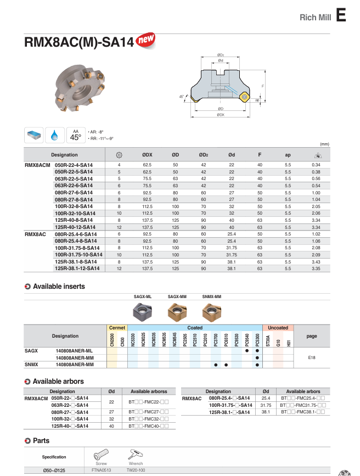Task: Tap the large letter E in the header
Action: pyautogui.click(x=341, y=15)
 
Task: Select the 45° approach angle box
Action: pyautogui.click(x=76, y=135)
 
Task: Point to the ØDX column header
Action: pyautogui.click(x=147, y=155)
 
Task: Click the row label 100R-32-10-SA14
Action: pyautogui.click(x=76, y=213)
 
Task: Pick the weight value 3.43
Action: pyautogui.click(x=316, y=262)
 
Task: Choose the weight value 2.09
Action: pyautogui.click(x=316, y=255)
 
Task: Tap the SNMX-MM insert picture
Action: pyautogui.click(x=211, y=312)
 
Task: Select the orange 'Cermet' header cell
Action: pyautogui.click(x=117, y=328)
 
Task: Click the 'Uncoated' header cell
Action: pyautogui.click(x=278, y=328)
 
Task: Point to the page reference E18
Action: pyautogui.click(x=311, y=357)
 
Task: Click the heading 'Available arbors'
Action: pyautogui.click(x=58, y=381)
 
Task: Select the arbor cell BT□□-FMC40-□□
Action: pyautogui.click(x=148, y=426)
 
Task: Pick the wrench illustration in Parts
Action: pyautogui.click(x=135, y=455)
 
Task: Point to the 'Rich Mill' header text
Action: pyautogui.click(x=315, y=18)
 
